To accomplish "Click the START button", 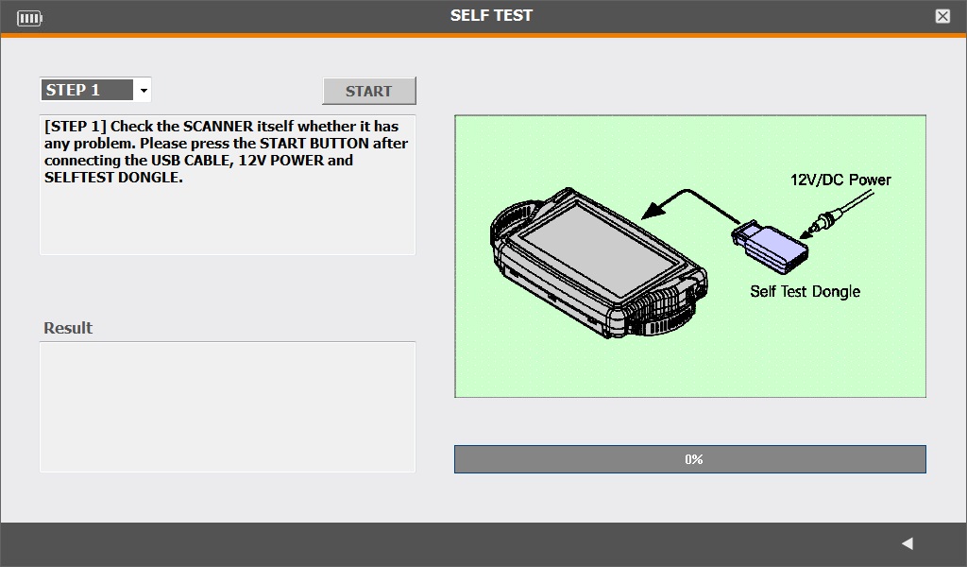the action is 369,91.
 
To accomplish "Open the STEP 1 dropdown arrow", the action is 144,90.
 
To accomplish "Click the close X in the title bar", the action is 942,17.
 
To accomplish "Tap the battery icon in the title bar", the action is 29,19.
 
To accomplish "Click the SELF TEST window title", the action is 491,15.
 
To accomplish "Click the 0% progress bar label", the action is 694,459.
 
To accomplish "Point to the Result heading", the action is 68,328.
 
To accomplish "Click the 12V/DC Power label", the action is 840,180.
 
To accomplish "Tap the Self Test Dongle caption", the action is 805,291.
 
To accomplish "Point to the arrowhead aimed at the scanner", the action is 653,211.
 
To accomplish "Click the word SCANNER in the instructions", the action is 218,127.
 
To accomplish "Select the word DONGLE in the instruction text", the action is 150,178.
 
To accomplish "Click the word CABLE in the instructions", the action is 207,161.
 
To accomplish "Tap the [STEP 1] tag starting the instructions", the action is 76,127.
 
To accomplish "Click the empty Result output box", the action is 228,407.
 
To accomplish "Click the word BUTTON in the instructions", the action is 339,144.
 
